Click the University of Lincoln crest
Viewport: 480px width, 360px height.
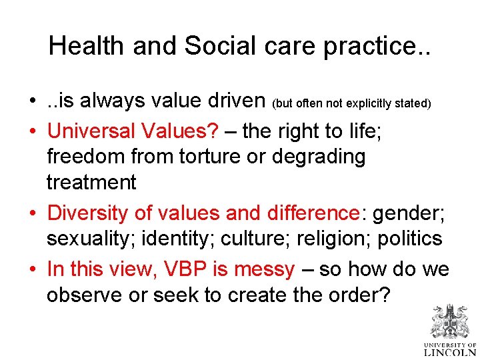[x=450, y=322]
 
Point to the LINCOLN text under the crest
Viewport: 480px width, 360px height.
[x=450, y=351]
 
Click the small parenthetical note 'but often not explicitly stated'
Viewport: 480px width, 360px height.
[x=352, y=104]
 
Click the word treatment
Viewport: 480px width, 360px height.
[x=91, y=182]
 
